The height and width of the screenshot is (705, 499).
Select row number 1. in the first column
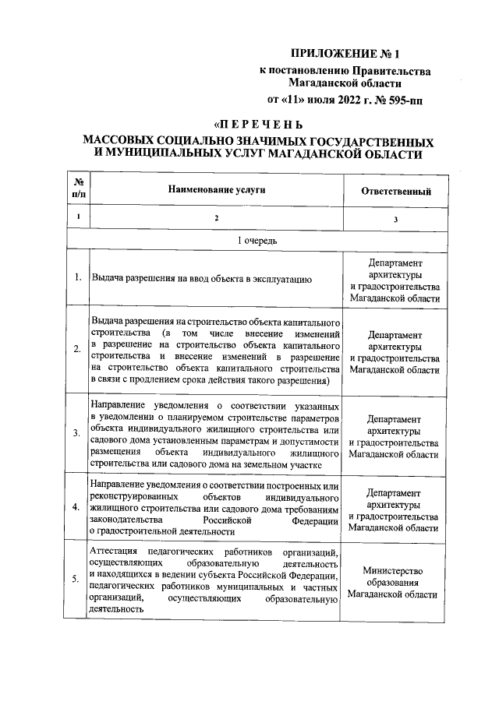click(78, 277)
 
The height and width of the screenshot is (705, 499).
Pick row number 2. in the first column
click(78, 348)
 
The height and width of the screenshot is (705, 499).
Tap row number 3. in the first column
click(78, 432)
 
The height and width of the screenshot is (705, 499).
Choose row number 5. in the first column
click(78, 579)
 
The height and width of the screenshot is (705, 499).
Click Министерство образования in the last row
click(395, 576)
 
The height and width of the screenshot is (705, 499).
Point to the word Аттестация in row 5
click(115, 551)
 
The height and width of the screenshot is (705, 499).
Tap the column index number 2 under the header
click(217, 218)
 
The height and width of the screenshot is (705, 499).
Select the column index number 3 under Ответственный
click(395, 220)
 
